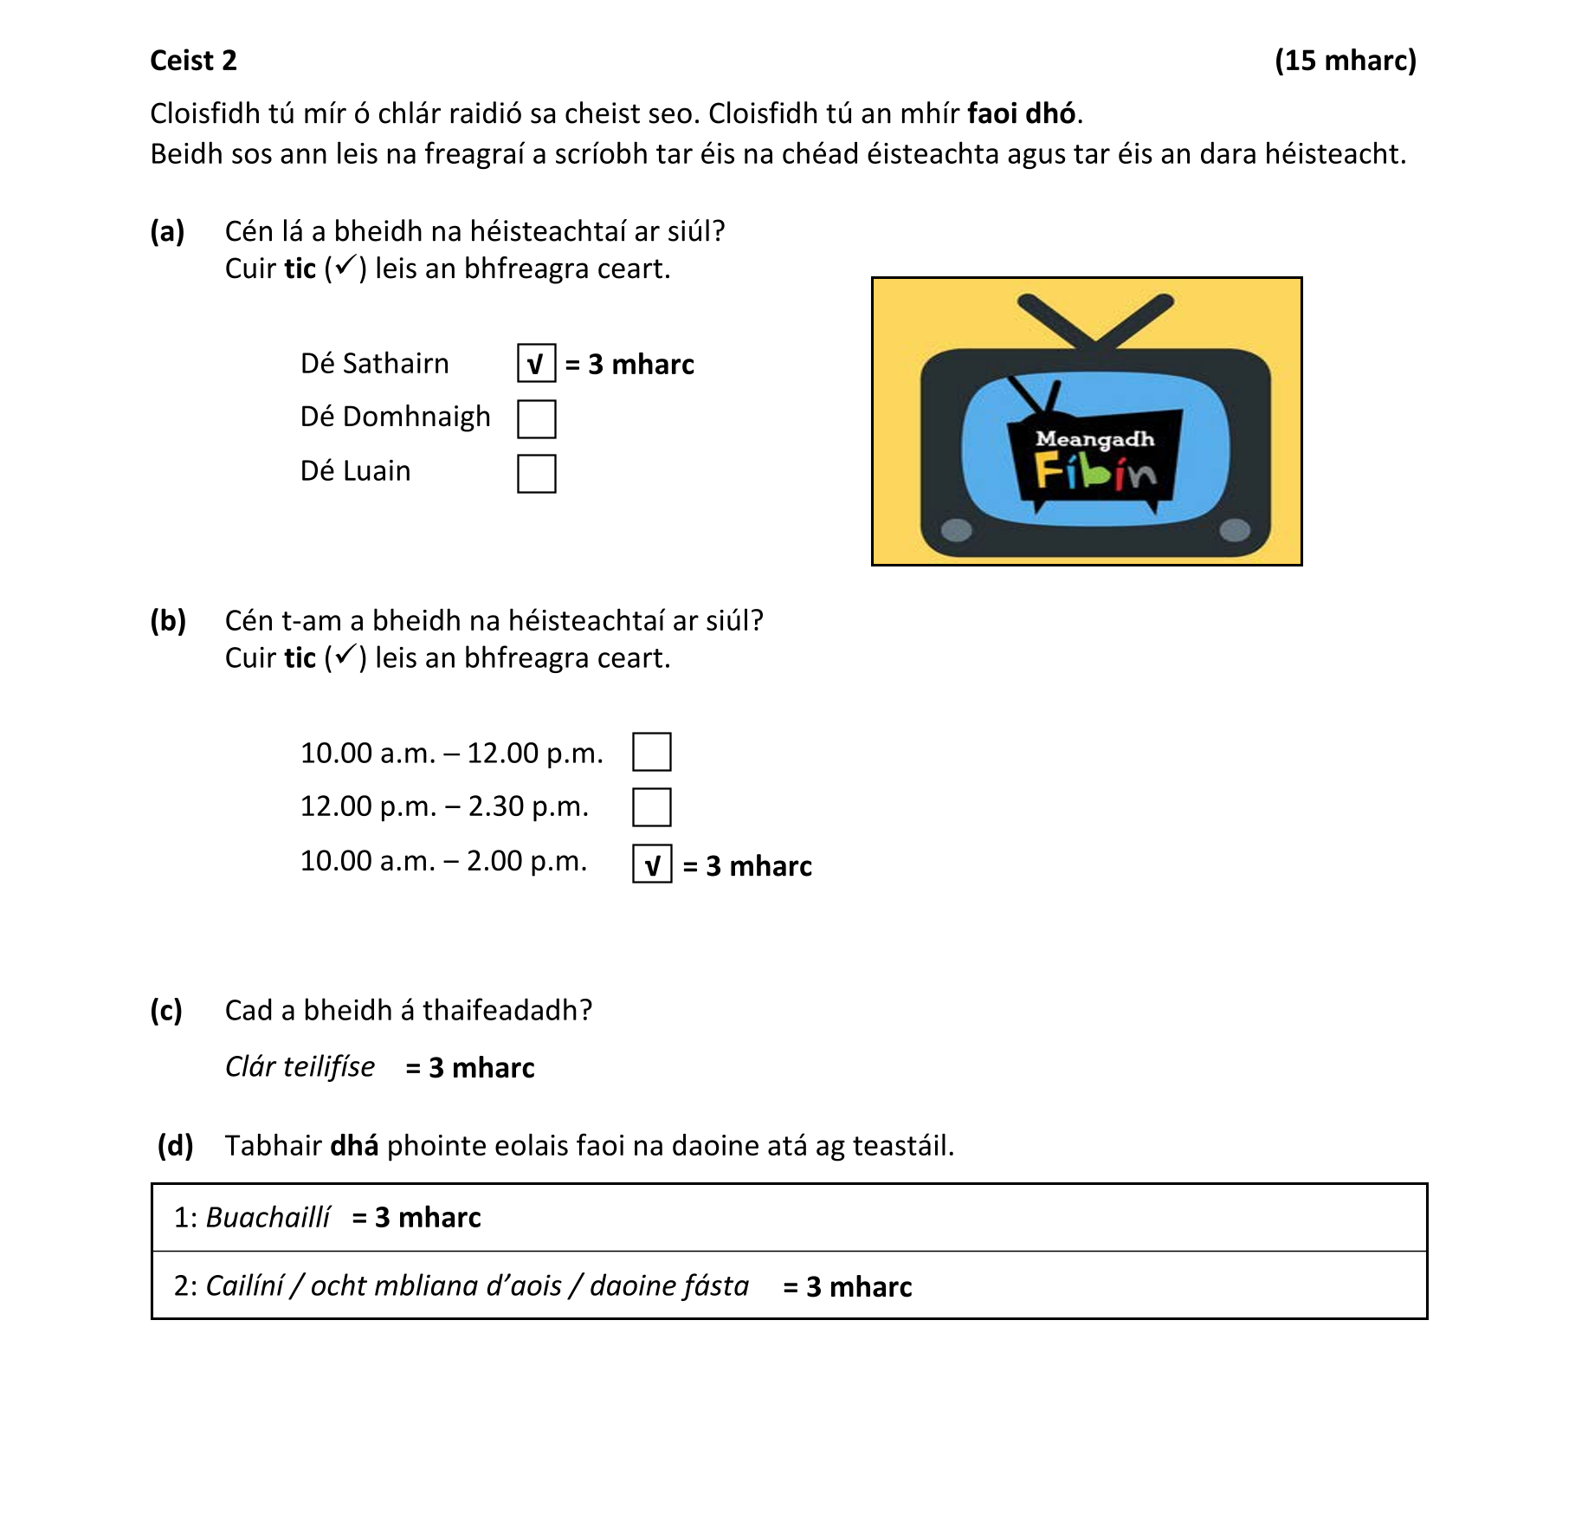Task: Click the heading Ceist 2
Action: (x=193, y=61)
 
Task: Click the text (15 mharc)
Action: (x=1345, y=61)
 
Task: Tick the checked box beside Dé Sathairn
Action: (x=536, y=363)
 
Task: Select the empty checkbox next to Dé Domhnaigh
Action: (x=536, y=418)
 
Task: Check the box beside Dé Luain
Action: (x=536, y=474)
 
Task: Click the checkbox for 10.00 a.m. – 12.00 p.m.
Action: (x=651, y=752)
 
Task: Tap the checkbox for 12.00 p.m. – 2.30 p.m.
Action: (x=651, y=807)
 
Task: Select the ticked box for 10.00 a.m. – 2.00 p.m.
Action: (x=651, y=864)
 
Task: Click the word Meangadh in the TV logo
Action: (x=1094, y=439)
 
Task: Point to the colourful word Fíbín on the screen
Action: (x=1094, y=473)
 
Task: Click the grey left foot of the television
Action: (x=956, y=529)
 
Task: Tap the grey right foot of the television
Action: (x=1234, y=529)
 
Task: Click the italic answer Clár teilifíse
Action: (x=300, y=1066)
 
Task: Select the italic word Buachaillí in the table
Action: (x=268, y=1217)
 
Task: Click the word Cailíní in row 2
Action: (x=244, y=1285)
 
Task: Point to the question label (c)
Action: (x=166, y=1010)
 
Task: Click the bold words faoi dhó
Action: (x=1021, y=113)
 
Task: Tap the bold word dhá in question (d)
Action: (x=354, y=1145)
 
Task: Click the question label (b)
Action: (x=168, y=620)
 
